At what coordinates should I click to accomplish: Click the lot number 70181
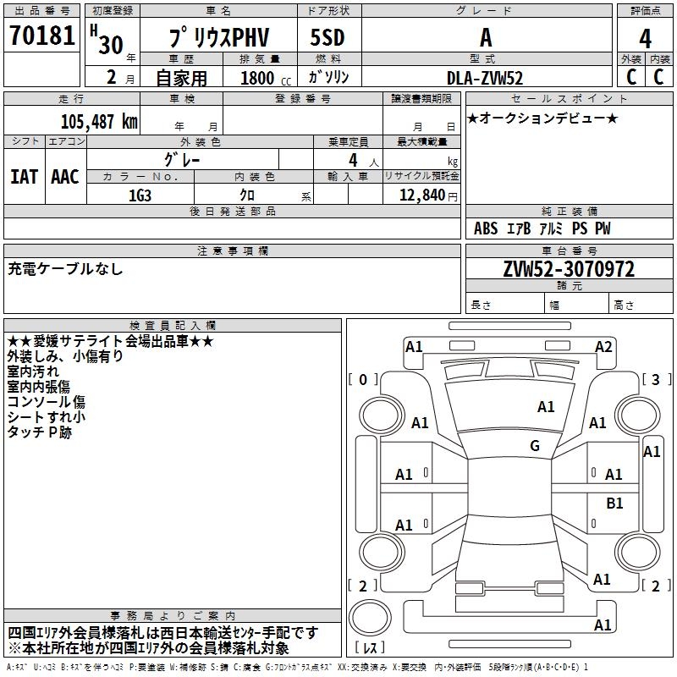pyautogui.click(x=41, y=36)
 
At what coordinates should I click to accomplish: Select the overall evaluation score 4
pyautogui.click(x=645, y=38)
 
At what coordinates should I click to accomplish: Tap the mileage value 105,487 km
pyautogui.click(x=99, y=122)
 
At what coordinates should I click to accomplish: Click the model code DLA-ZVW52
pyautogui.click(x=485, y=78)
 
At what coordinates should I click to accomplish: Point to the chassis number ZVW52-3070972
pyautogui.click(x=569, y=269)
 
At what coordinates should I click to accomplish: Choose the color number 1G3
pyautogui.click(x=140, y=195)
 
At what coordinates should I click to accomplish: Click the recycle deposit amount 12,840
pyautogui.click(x=421, y=195)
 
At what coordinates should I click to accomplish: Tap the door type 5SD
pyautogui.click(x=327, y=37)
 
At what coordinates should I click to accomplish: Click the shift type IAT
pyautogui.click(x=24, y=177)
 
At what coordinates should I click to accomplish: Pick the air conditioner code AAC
pyautogui.click(x=65, y=177)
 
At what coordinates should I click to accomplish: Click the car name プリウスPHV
pyautogui.click(x=219, y=37)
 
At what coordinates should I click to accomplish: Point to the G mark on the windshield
pyautogui.click(x=535, y=445)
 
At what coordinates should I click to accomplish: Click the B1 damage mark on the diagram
pyautogui.click(x=614, y=503)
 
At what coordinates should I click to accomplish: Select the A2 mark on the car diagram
pyautogui.click(x=603, y=347)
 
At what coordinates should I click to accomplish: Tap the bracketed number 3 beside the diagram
pyautogui.click(x=656, y=379)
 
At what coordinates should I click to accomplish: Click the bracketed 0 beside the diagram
pyautogui.click(x=363, y=379)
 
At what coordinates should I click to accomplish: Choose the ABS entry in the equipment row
pyautogui.click(x=486, y=228)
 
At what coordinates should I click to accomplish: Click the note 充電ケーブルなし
pyautogui.click(x=65, y=269)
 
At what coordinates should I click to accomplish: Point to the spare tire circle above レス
pyautogui.click(x=370, y=617)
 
